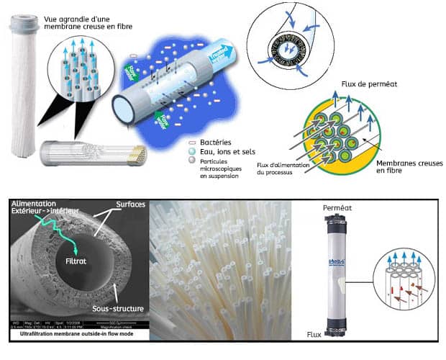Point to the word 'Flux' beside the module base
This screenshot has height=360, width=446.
313,334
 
